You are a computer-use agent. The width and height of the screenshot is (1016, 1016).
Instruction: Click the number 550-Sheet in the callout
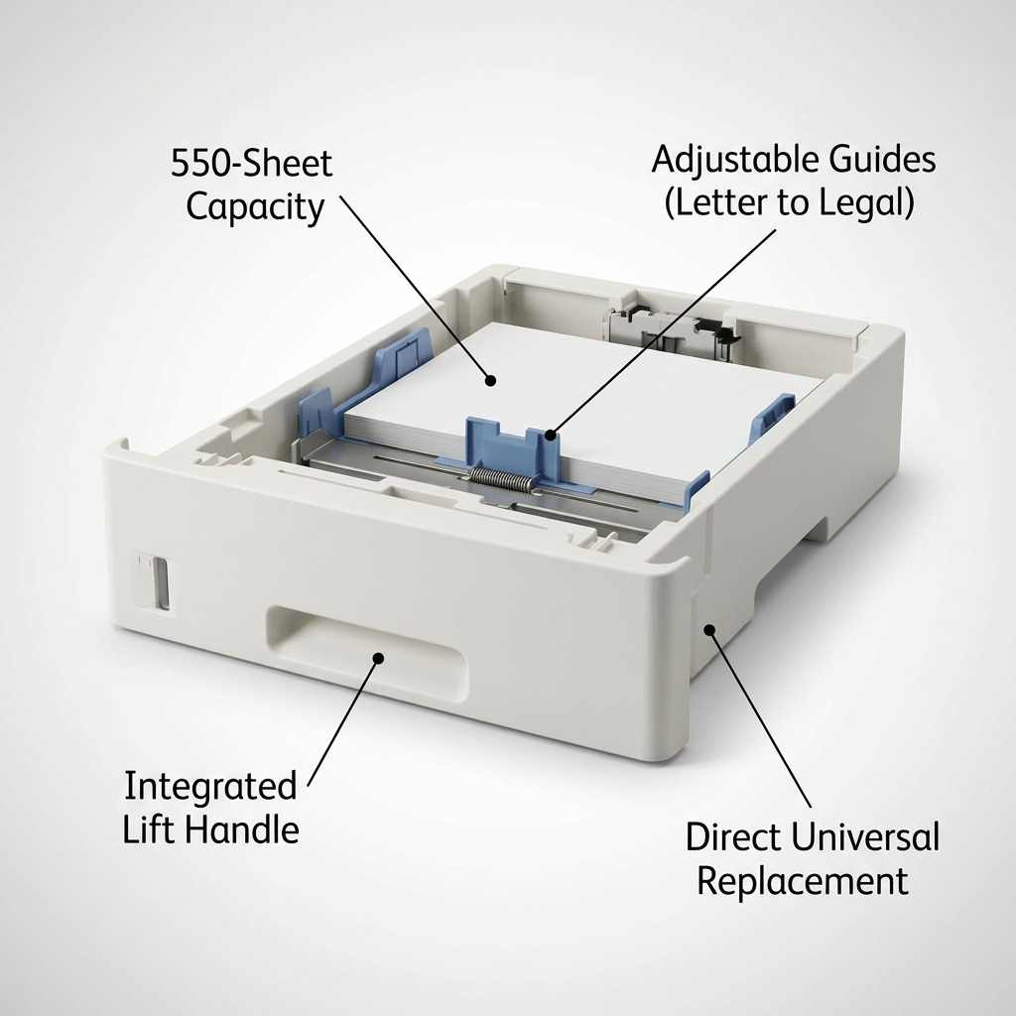[x=251, y=163]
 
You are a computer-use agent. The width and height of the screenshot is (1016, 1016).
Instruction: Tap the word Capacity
[x=255, y=207]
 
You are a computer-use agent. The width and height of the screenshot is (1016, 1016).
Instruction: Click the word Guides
[x=882, y=159]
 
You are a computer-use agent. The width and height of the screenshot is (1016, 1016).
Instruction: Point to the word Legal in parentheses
[x=867, y=202]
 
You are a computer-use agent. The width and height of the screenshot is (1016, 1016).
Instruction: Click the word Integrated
[x=210, y=786]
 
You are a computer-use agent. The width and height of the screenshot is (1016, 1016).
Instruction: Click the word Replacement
[x=802, y=881]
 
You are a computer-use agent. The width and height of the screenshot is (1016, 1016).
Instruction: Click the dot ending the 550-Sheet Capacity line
[x=491, y=380]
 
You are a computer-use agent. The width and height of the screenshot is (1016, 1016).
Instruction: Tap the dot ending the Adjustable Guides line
[x=550, y=435]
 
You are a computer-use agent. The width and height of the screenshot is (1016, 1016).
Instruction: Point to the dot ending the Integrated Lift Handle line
[x=379, y=659]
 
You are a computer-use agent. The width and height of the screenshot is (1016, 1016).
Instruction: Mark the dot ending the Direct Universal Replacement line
[x=709, y=629]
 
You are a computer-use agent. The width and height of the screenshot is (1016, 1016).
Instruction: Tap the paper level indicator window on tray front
[x=160, y=581]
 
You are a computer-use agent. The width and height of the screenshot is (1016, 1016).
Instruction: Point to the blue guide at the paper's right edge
[x=771, y=421]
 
